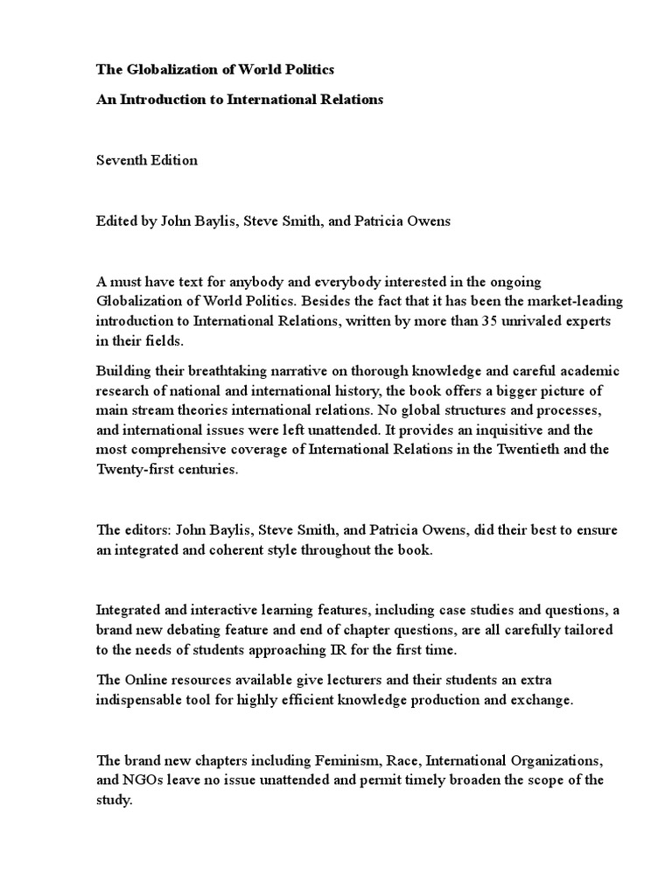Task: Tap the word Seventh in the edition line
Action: [121, 160]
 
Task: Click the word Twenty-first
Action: [139, 469]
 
